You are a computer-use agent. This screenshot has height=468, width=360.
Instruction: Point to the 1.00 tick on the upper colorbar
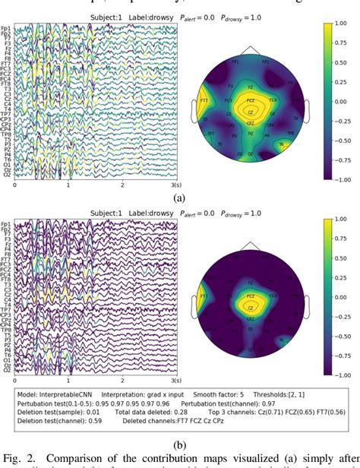click(344, 24)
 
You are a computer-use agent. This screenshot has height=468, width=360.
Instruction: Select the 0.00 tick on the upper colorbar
click(344, 102)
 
